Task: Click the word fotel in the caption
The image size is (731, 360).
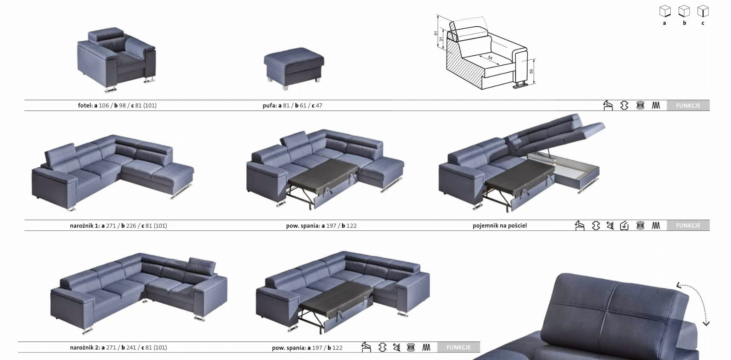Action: coord(85,106)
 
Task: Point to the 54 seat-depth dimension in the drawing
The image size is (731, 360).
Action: coord(490,58)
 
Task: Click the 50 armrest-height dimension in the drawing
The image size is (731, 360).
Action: coord(531,71)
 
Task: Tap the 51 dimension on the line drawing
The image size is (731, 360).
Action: coord(436,33)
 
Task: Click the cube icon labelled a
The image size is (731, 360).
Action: coord(665,11)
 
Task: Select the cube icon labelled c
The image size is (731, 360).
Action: coord(703,11)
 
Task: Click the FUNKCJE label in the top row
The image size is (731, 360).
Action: coord(688,106)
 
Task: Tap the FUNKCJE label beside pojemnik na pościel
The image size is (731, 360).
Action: coord(688,225)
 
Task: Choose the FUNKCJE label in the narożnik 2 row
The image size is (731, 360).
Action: coord(458,347)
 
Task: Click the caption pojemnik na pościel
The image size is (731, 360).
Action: coord(499,225)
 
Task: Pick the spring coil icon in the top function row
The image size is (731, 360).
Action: coord(640,106)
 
